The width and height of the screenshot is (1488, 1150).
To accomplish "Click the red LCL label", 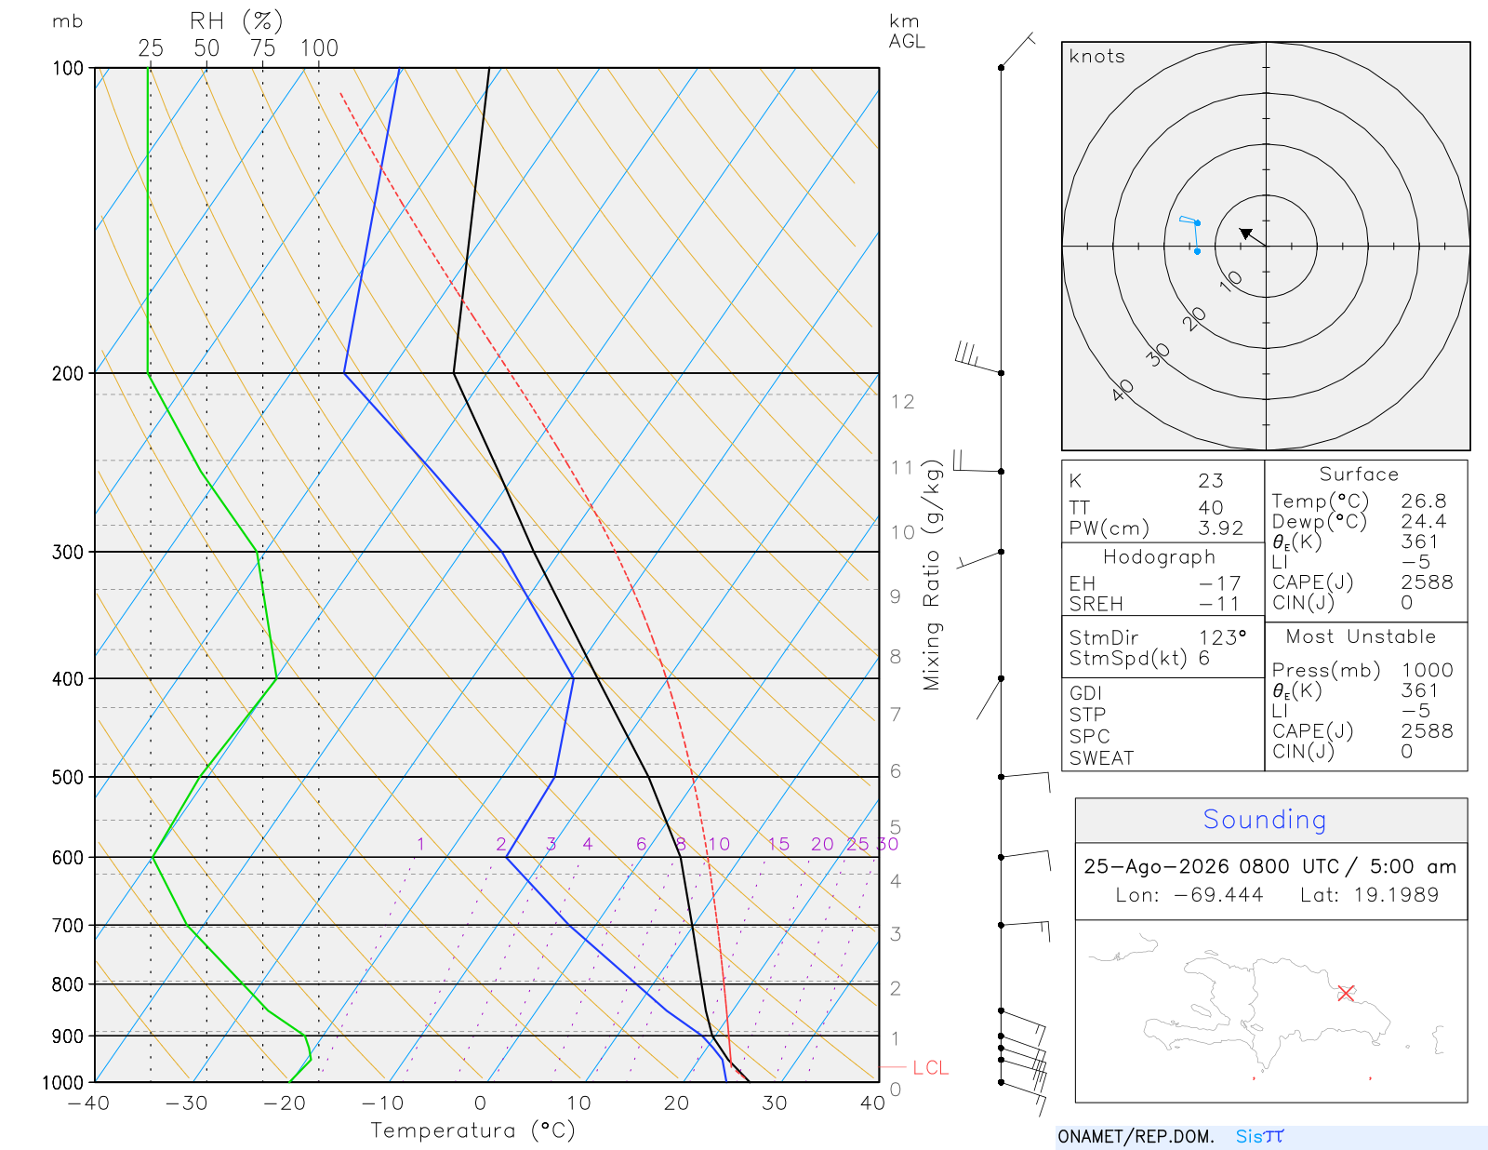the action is click(x=930, y=1068).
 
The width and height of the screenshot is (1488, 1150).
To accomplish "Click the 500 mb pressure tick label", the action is click(x=67, y=778).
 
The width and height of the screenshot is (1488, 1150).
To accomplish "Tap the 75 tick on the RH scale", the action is click(x=262, y=48).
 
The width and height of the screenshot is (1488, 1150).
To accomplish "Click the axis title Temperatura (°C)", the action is click(x=472, y=1130).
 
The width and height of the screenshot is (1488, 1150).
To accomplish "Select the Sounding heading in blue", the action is click(x=1264, y=819).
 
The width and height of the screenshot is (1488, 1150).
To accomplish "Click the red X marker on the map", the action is click(x=1346, y=993).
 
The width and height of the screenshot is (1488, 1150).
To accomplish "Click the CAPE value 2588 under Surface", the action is click(x=1427, y=582).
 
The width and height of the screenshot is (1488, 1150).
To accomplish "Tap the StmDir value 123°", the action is click(x=1222, y=637).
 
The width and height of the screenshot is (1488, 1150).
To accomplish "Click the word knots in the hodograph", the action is click(x=1096, y=56).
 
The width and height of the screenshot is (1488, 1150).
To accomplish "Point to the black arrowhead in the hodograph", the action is click(x=1246, y=234).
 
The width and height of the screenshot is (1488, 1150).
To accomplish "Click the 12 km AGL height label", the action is click(x=902, y=402).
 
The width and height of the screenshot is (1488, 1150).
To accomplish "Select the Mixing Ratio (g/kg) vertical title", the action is click(x=932, y=575).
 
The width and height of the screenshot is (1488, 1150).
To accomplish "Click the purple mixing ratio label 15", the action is click(x=777, y=844).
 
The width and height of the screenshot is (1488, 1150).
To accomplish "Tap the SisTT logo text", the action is click(x=1260, y=1136).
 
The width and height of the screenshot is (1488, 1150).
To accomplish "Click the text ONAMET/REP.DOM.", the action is click(x=1136, y=1137).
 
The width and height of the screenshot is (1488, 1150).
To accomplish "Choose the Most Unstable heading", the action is click(x=1361, y=636).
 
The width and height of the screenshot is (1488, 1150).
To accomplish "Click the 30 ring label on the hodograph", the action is click(x=1157, y=354).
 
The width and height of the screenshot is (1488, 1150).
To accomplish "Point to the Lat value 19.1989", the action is click(x=1396, y=894).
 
